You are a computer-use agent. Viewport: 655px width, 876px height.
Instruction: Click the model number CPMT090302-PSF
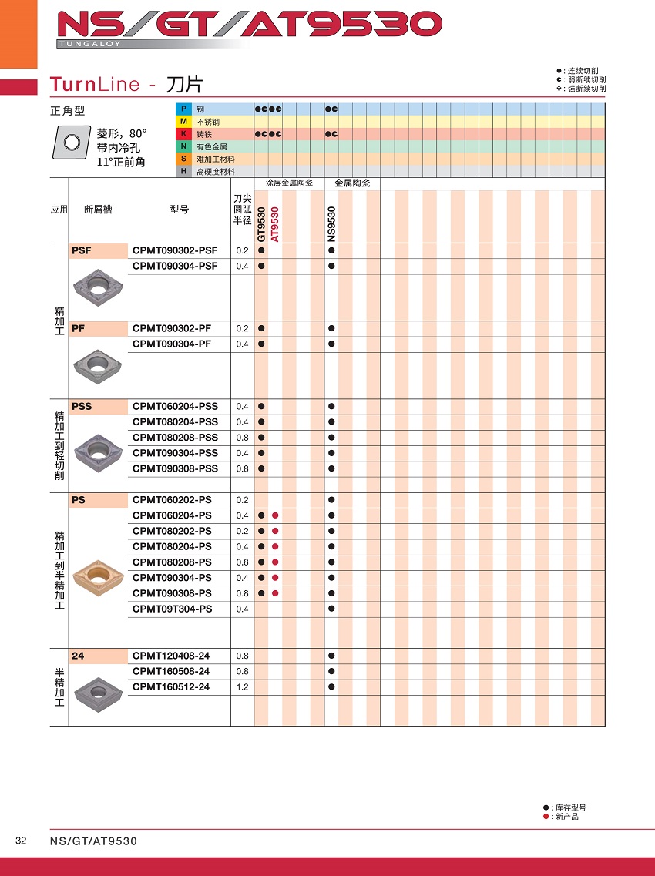[175, 250]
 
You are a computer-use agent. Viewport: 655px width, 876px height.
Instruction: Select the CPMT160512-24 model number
[171, 686]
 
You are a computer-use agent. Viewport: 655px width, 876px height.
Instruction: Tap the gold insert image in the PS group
[98, 574]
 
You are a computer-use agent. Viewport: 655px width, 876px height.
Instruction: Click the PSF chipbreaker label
[81, 250]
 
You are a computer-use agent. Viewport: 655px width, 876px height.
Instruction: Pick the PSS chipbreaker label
[81, 406]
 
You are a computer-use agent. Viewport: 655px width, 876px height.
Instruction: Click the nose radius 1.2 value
[242, 686]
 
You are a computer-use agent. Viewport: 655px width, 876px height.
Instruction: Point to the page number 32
[21, 841]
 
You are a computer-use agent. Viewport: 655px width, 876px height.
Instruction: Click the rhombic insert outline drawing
[72, 143]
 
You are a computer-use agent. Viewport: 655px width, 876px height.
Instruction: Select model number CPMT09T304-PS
[172, 609]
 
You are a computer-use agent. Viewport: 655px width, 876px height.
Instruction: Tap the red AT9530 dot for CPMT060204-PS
[275, 515]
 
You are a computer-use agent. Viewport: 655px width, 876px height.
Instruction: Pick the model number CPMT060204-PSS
[175, 406]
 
